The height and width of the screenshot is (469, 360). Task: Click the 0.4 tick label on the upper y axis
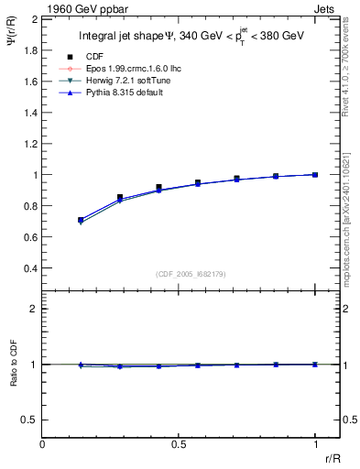31,268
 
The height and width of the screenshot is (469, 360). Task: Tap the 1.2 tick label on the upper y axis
31,144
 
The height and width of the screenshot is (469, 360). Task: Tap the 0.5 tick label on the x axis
179,443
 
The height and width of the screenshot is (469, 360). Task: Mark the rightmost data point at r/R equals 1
315,174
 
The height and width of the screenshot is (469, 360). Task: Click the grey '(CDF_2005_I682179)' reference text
189,273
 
